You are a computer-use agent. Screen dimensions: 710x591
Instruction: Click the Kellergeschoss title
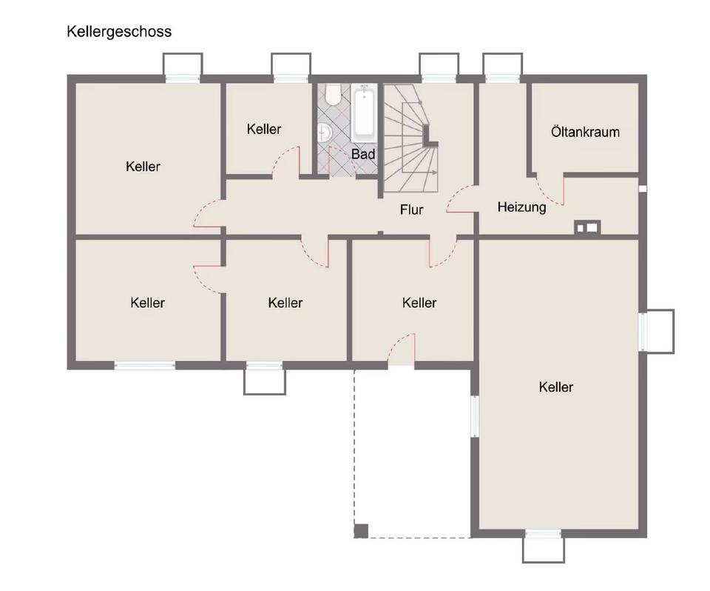119,32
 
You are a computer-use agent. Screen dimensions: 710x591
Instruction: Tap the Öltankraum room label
585,132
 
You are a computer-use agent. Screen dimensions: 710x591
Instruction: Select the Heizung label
521,207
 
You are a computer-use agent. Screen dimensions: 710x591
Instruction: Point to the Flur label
412,210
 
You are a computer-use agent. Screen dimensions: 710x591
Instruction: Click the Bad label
363,154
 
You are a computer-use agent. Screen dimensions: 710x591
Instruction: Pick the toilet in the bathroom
334,93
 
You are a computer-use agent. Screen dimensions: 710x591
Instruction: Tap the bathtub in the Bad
364,113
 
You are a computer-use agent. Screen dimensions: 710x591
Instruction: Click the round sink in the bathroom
325,133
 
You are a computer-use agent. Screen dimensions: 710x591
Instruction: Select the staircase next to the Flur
411,138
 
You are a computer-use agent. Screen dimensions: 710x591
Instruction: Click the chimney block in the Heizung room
587,227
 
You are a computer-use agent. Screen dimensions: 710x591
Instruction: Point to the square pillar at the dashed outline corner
361,531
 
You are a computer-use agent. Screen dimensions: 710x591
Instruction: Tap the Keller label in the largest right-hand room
556,387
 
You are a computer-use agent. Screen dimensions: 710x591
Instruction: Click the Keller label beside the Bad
264,130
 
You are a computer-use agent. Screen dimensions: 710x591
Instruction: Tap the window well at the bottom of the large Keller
544,550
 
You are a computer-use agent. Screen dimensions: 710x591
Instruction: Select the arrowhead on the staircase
434,173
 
